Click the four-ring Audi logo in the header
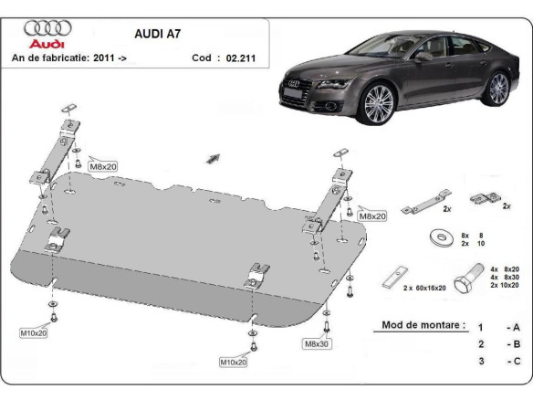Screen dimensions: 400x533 click(43, 28)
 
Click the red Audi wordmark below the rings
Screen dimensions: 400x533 click(43, 43)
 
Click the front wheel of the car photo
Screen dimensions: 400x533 click(379, 104)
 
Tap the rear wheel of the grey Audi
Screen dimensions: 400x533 click(497, 89)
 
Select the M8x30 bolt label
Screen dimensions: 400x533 click(316, 343)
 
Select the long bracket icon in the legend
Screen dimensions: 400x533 click(428, 198)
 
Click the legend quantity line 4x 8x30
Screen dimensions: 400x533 click(505, 278)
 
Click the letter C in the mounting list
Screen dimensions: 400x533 click(517, 361)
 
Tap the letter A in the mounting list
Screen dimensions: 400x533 click(517, 326)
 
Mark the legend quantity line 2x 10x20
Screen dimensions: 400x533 click(505, 286)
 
